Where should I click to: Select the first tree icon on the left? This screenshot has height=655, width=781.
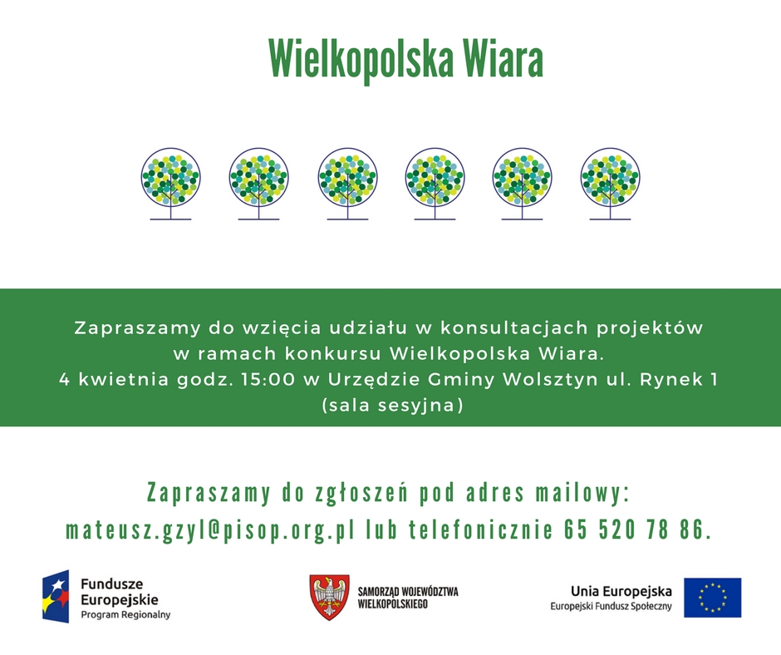171,184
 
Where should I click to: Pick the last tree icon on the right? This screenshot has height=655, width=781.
610,184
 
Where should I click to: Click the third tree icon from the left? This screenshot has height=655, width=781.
347,184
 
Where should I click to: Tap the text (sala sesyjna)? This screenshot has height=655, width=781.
392,406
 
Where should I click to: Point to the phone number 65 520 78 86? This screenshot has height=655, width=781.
634,529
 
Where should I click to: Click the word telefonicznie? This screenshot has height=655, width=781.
481,529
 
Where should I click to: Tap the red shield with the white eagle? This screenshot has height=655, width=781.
329,597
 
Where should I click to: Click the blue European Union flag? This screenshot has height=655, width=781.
712,598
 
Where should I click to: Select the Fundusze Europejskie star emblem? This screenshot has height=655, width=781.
56,596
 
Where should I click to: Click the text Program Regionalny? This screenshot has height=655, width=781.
125,614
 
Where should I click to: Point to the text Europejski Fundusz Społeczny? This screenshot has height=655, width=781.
611,606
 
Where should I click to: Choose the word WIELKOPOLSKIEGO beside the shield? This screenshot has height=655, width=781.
392,604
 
